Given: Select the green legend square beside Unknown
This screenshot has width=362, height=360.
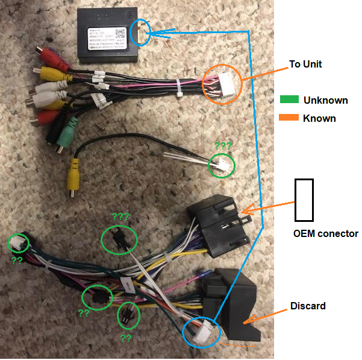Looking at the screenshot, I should tap(289, 100).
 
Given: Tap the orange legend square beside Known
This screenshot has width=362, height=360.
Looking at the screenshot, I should tap(289, 118).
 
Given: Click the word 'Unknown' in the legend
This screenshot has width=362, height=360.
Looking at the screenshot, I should tap(325, 100).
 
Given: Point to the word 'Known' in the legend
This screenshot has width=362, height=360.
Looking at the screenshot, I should tap(319, 118).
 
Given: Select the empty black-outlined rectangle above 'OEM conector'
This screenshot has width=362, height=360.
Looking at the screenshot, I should tap(304, 200).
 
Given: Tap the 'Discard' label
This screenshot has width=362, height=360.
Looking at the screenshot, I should tap(307, 306).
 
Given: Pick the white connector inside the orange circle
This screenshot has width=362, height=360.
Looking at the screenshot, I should tap(220, 83).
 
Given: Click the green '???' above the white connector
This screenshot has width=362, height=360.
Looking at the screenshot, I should tap(223, 146).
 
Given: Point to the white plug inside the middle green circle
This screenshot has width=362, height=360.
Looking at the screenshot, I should tap(222, 165).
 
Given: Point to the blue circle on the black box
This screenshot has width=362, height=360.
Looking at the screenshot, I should tap(141, 32).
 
